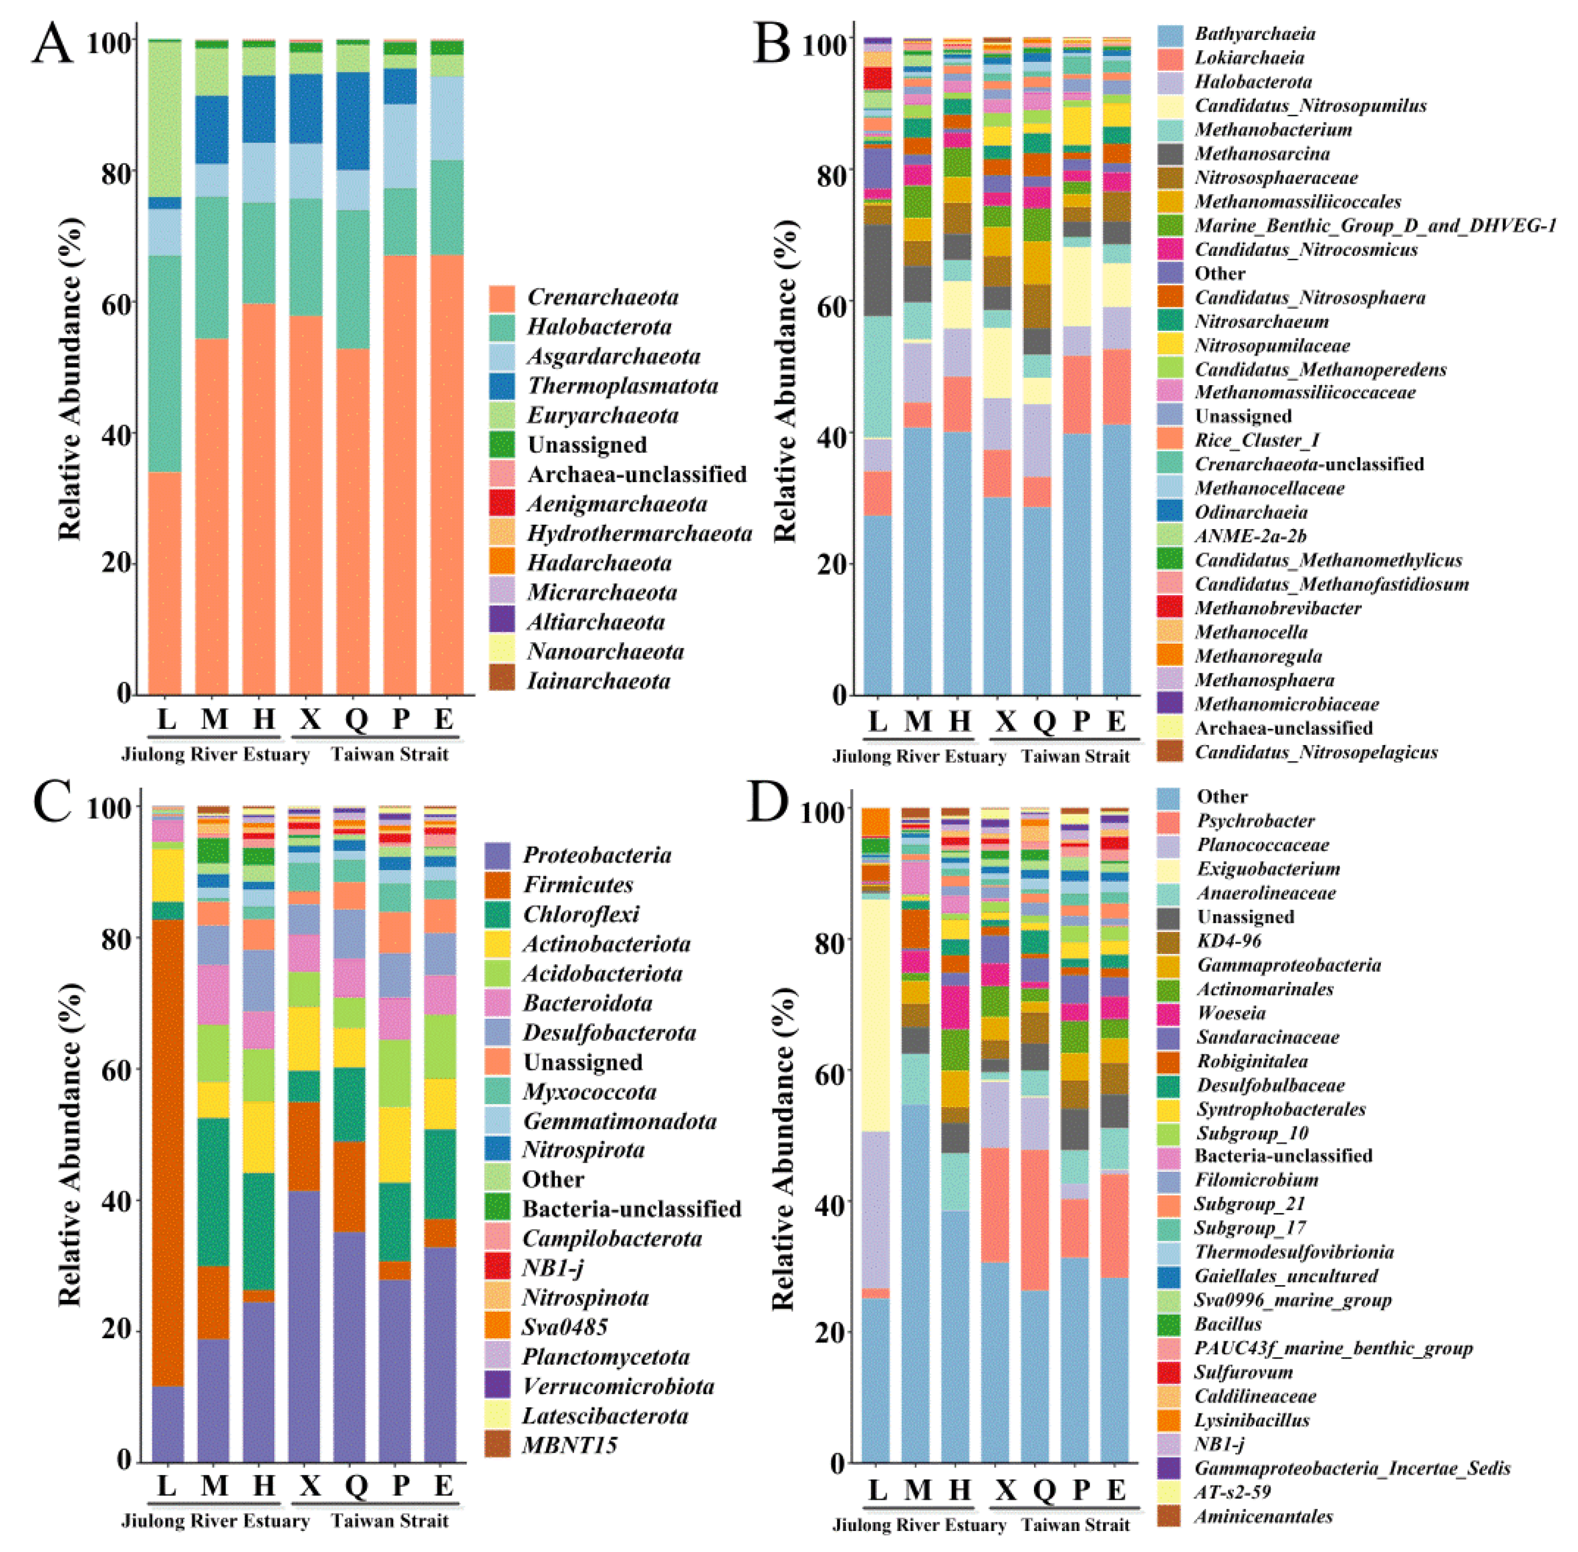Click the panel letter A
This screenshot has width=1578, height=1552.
pyautogui.click(x=51, y=43)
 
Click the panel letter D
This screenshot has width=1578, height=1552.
pyautogui.click(x=769, y=802)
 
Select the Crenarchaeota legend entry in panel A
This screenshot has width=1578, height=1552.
pyautogui.click(x=602, y=297)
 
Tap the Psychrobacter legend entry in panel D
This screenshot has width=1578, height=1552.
pyautogui.click(x=1255, y=821)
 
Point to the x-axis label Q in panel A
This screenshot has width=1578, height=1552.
pyautogui.click(x=356, y=719)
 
